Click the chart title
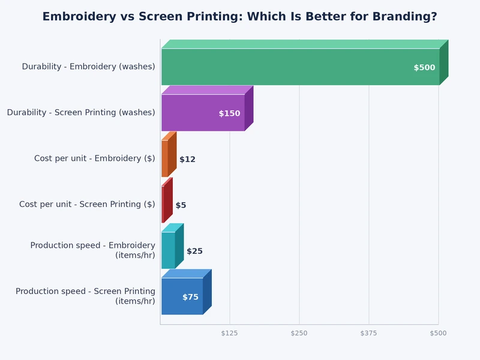coord(239,17)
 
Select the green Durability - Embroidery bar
coord(300,67)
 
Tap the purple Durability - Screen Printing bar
coord(203,113)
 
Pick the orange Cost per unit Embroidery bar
coord(165,158)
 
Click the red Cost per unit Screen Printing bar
coord(163,205)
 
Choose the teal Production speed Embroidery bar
coord(169,250)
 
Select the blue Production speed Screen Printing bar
coord(182,296)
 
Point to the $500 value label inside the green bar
coord(424,68)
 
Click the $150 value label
coord(229,113)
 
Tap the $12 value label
coord(187,160)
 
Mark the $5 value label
coord(181,205)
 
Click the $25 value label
coord(194,251)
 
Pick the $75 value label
coord(190,297)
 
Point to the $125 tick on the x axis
coord(230,333)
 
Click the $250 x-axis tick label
coord(299,333)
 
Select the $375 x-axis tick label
coord(369,333)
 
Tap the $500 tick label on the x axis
coord(438,333)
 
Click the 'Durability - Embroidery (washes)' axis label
coord(88,67)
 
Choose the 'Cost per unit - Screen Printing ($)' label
coord(87,205)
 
